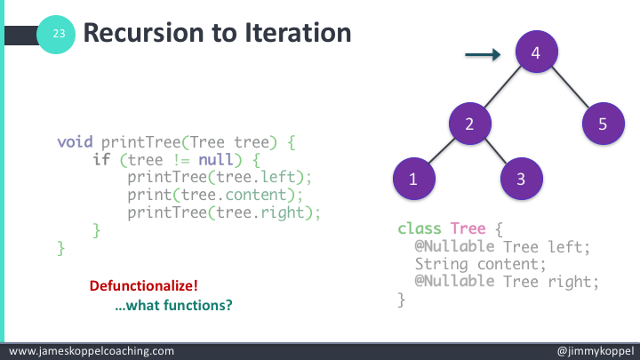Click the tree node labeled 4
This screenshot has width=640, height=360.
click(x=535, y=54)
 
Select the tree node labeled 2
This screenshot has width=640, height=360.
click(x=470, y=124)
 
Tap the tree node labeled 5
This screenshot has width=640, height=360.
click(x=603, y=124)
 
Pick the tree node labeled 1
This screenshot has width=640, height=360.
click(x=413, y=179)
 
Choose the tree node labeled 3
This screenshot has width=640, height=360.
click(x=522, y=179)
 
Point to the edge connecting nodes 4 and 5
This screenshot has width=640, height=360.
click(x=569, y=89)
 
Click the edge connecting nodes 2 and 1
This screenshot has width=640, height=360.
click(x=442, y=152)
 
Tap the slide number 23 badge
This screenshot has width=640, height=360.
click(x=59, y=34)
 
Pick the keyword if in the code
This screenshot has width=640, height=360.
click(x=101, y=159)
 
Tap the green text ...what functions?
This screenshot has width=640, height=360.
click(x=174, y=305)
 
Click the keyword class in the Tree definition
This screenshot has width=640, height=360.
click(x=420, y=228)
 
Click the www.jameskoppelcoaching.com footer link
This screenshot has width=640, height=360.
click(x=91, y=351)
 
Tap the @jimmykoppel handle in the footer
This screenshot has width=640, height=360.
click(x=594, y=351)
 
